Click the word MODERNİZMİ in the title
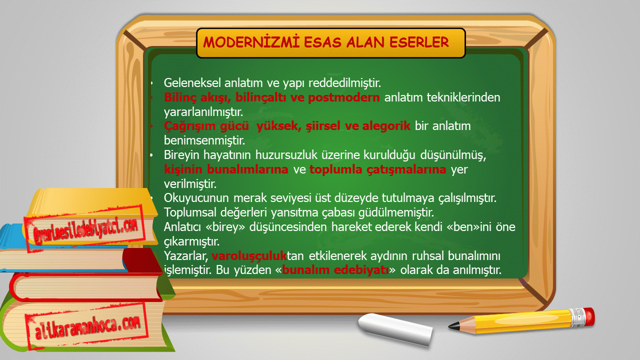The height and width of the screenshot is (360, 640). point(251,42)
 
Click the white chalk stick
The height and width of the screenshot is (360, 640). point(395,329)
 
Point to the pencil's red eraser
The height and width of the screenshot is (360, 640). point(589,316)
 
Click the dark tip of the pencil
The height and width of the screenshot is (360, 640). point(453,325)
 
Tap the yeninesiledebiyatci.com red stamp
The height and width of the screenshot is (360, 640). point(85,228)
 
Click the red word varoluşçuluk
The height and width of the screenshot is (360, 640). point(249,255)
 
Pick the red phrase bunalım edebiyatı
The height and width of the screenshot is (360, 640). point(335,269)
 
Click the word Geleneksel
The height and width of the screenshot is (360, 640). point(192,83)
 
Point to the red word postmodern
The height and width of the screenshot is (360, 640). point(343,97)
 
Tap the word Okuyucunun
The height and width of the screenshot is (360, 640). point(196,198)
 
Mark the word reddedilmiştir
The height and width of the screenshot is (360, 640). point(344,83)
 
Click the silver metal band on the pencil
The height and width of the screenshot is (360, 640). point(577,317)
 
